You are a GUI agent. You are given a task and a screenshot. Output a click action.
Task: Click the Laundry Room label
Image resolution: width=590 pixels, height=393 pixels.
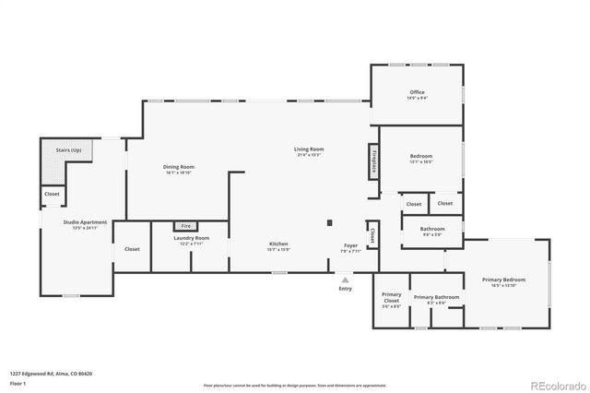pyautogui.click(x=192, y=240)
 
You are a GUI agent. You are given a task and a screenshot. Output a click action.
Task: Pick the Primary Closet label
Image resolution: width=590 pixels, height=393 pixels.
pyautogui.click(x=391, y=299)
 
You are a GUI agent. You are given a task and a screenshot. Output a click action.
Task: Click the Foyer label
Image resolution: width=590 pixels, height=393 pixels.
pyautogui.click(x=350, y=246)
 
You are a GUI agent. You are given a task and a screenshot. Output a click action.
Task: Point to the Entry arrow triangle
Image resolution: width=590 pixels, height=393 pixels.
pyautogui.click(x=345, y=279)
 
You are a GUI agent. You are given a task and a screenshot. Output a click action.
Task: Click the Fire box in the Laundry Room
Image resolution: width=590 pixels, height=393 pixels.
pyautogui.click(x=185, y=225)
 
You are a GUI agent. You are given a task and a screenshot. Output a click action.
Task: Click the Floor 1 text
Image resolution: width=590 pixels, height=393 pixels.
pyautogui.click(x=18, y=383)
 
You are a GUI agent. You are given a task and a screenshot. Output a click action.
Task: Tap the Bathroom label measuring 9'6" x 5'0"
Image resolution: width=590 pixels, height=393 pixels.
pyautogui.click(x=432, y=231)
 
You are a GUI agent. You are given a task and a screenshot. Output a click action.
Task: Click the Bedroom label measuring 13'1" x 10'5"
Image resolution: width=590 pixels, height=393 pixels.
pyautogui.click(x=421, y=159)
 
